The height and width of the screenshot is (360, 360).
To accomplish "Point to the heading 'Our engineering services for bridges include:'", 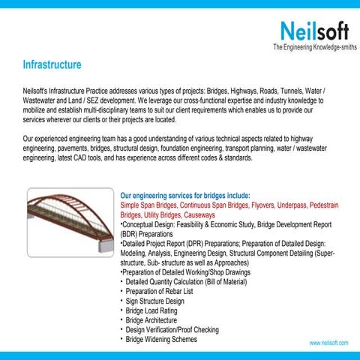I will (190, 195).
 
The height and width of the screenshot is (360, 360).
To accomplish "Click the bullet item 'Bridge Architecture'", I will (156, 320).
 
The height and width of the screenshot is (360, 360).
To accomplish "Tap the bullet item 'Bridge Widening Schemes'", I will (163, 340).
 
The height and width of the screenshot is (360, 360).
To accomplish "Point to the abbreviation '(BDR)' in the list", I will (130, 233).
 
